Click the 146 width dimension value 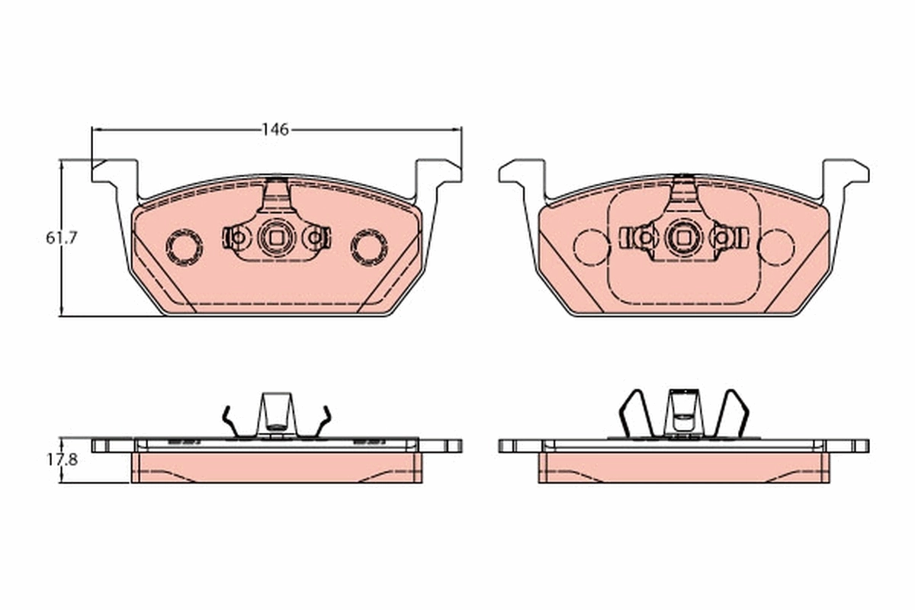[x=275, y=130]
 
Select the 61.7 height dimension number [x=62, y=238]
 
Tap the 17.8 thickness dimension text [x=62, y=461]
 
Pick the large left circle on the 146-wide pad [x=184, y=247]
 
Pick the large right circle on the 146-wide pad [x=369, y=247]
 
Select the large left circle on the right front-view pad [x=591, y=247]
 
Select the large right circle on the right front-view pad [x=776, y=247]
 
